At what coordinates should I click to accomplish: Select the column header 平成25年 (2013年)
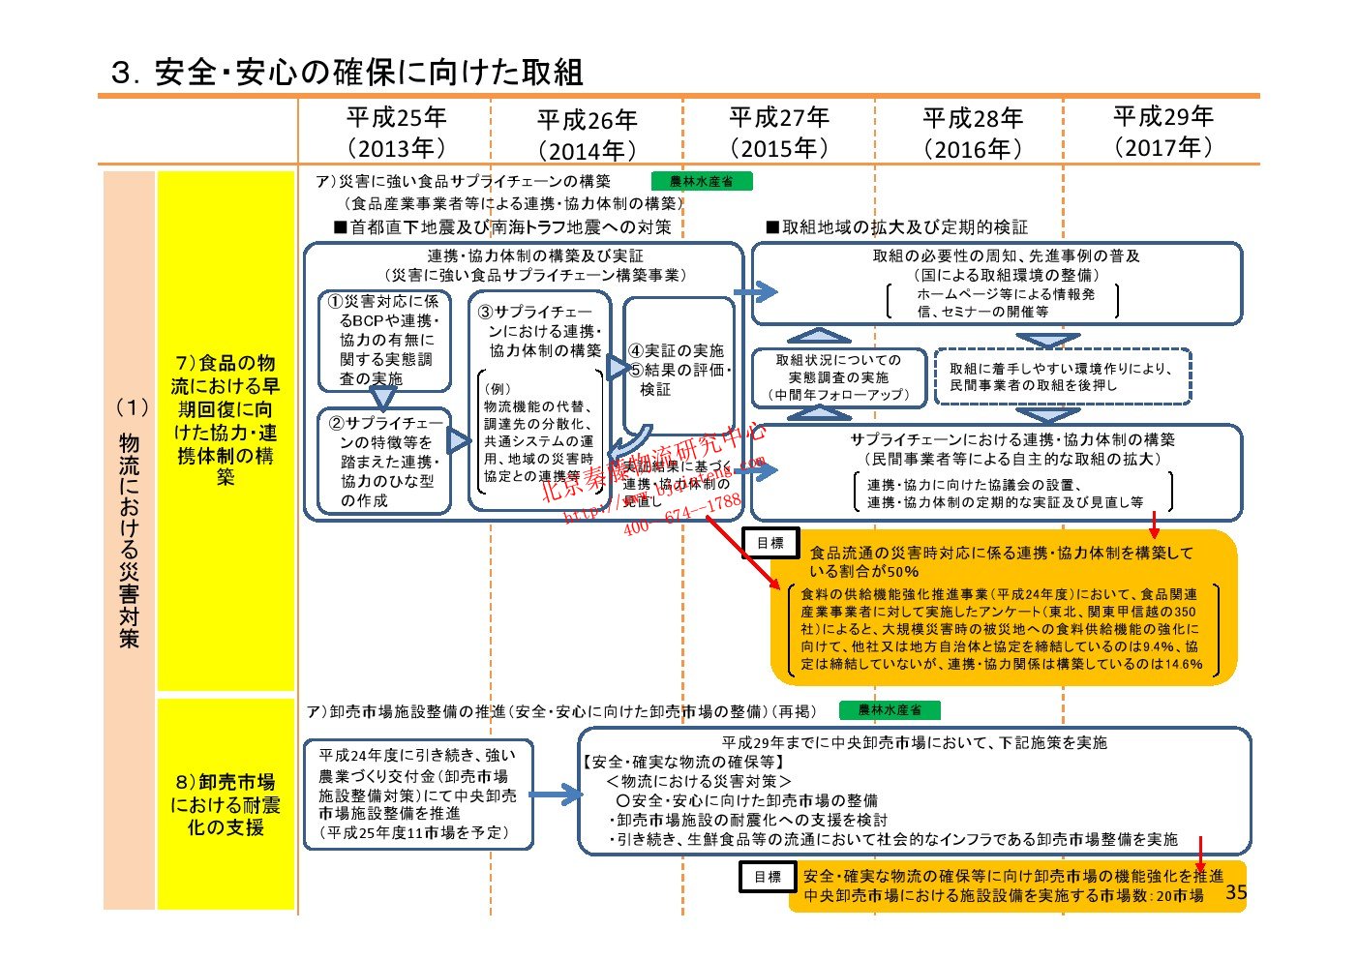(396, 133)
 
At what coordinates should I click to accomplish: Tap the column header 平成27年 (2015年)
(779, 133)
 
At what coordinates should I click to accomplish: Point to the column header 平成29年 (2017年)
(1162, 132)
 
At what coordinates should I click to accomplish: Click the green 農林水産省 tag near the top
(701, 181)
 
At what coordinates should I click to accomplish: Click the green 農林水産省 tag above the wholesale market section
(889, 710)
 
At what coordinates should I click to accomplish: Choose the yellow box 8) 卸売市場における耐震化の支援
(226, 804)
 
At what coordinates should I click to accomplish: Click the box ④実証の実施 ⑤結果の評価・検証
(678, 368)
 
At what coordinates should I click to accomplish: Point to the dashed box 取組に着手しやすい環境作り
(1062, 376)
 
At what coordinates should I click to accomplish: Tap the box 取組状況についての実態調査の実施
(838, 377)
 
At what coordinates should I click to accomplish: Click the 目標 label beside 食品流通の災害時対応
(770, 543)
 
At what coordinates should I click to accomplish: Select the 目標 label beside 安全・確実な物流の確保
(768, 877)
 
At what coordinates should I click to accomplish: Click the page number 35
(1236, 892)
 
